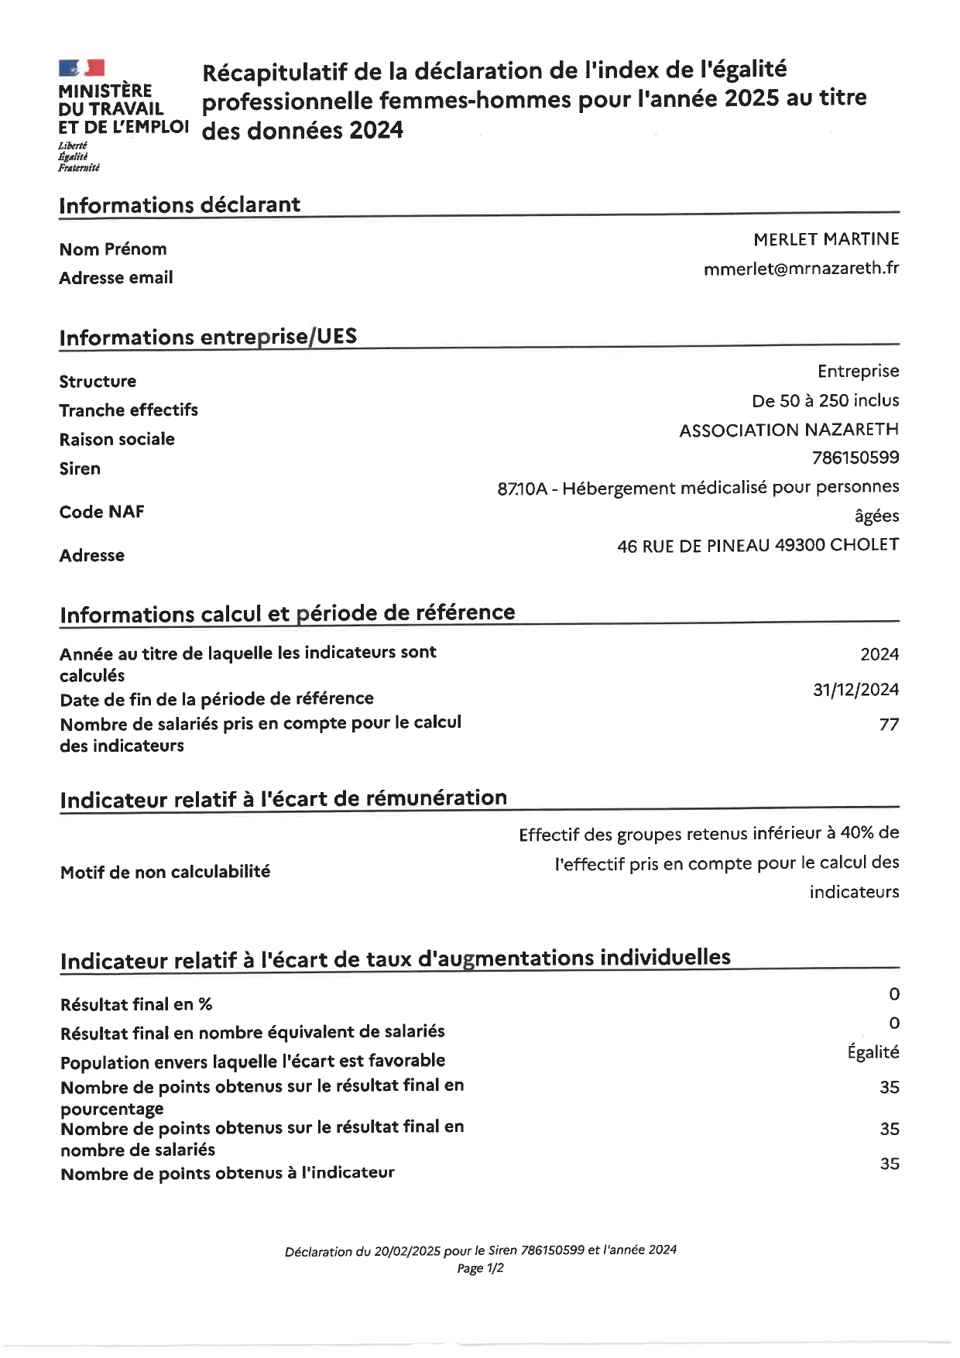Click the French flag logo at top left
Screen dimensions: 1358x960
81,68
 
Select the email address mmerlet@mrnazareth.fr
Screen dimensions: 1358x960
801,269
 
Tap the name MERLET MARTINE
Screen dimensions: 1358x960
825,239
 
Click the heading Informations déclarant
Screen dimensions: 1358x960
180,205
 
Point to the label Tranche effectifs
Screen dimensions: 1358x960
129,410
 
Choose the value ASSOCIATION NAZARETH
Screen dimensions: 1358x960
788,430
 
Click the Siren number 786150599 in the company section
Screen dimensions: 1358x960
855,458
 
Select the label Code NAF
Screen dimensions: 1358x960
101,512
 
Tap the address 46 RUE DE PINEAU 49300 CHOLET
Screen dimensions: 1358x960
757,545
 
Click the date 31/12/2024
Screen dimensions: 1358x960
855,689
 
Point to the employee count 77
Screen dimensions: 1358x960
889,725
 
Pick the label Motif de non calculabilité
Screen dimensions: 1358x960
165,872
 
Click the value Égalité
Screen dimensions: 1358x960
873,1052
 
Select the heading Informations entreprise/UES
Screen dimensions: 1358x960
208,338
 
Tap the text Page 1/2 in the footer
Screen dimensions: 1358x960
480,1268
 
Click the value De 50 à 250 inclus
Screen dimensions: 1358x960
825,400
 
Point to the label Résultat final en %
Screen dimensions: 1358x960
136,1004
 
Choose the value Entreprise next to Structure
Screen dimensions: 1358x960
858,371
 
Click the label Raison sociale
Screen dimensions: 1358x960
117,439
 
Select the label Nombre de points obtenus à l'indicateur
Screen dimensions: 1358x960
228,1173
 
